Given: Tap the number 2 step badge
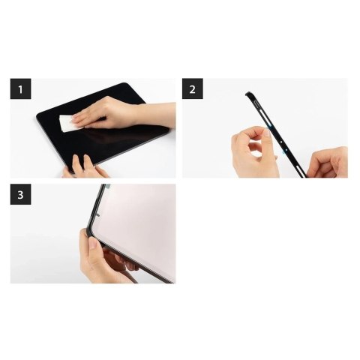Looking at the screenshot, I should tap(193, 90).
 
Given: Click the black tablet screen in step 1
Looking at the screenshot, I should tap(112, 139).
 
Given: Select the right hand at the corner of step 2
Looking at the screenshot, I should tap(330, 161).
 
